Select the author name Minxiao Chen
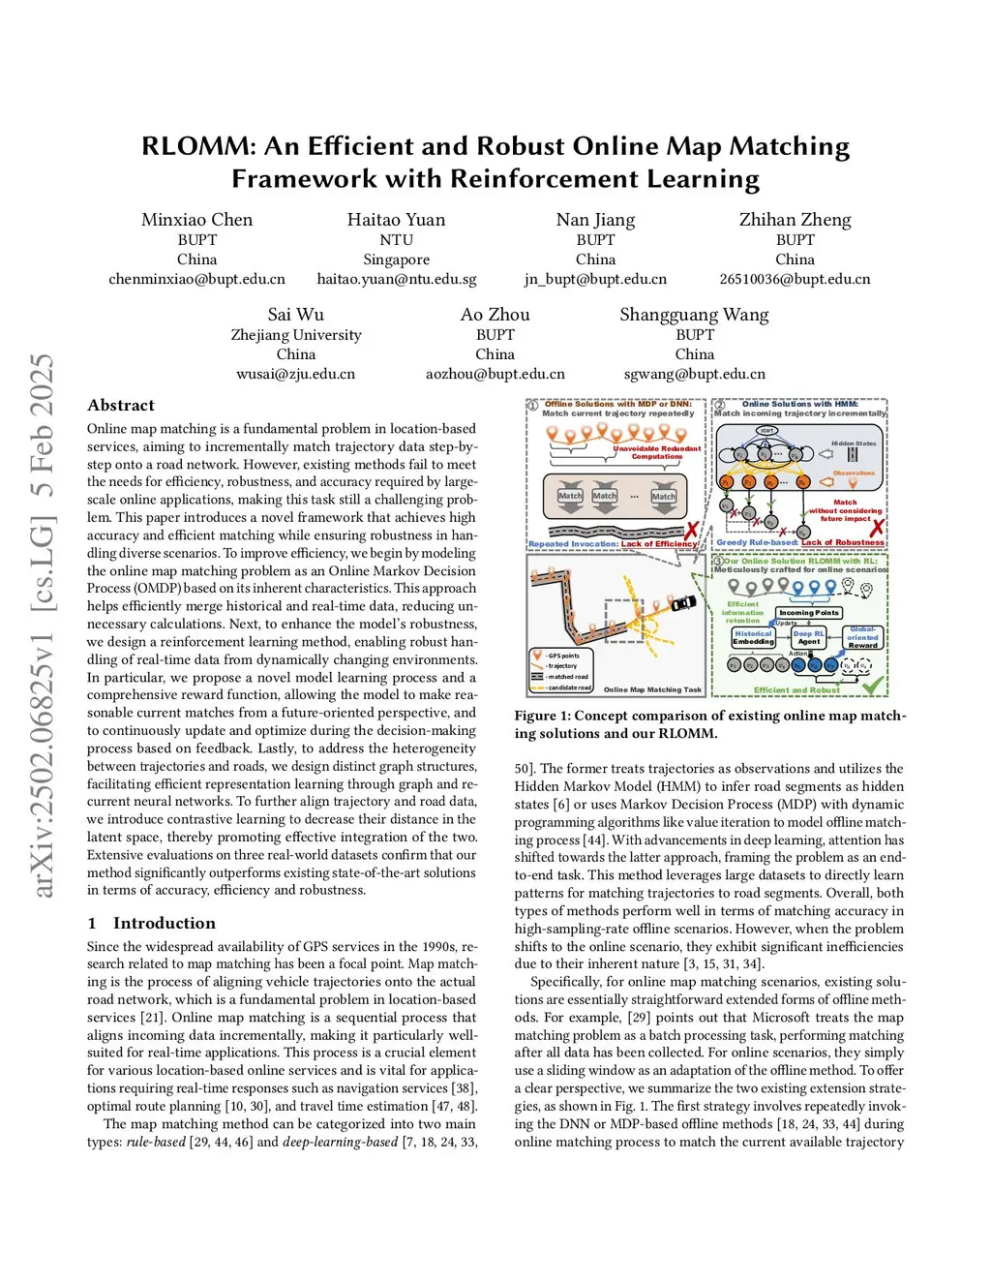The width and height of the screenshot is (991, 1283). pyautogui.click(x=196, y=220)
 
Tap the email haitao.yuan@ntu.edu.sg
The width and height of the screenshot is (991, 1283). pyautogui.click(x=397, y=279)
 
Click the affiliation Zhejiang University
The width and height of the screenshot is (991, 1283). pyautogui.click(x=296, y=335)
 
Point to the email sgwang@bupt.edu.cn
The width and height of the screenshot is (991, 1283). pyautogui.click(x=694, y=374)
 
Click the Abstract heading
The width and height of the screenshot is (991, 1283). pyautogui.click(x=121, y=405)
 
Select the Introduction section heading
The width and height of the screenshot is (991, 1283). pyautogui.click(x=164, y=923)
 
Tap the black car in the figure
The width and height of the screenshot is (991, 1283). pyautogui.click(x=683, y=602)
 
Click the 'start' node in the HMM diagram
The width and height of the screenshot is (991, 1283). pyautogui.click(x=766, y=430)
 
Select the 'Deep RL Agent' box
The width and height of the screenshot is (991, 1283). pyautogui.click(x=808, y=637)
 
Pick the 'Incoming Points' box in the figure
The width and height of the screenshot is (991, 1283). pyautogui.click(x=809, y=612)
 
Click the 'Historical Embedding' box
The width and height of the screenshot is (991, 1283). pyautogui.click(x=753, y=637)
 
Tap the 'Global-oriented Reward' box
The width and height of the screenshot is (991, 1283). pyautogui.click(x=862, y=637)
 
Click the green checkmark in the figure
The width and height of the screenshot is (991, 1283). pyautogui.click(x=873, y=685)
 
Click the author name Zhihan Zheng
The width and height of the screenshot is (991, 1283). pyautogui.click(x=795, y=220)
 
